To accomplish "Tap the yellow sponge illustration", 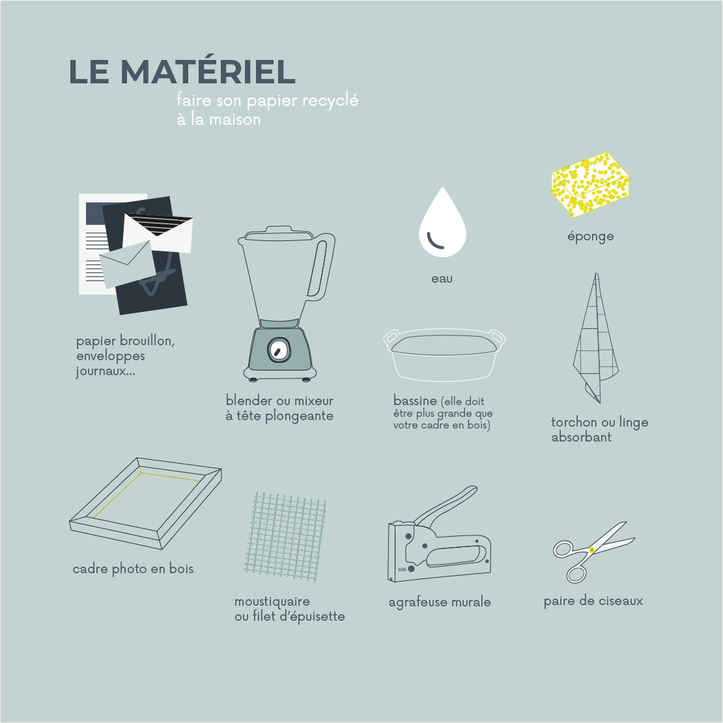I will tap(590, 185).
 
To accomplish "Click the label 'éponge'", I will tap(590, 236).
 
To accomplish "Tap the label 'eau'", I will tap(442, 279).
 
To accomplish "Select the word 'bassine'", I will tap(415, 400).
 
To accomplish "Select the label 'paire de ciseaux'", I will tap(593, 601).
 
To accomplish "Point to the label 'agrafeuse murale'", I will tap(440, 602).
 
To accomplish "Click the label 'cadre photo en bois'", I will tap(133, 569).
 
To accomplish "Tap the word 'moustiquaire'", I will tap(272, 601).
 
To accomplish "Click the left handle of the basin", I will tap(391, 338).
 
